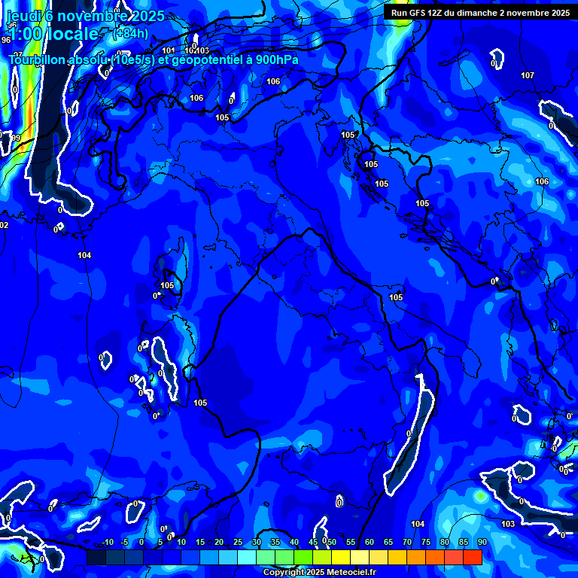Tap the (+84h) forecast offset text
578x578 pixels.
click(x=130, y=33)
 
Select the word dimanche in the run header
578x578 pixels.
click(x=489, y=13)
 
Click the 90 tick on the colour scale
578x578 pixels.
click(x=482, y=542)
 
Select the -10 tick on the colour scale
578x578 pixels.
click(x=106, y=542)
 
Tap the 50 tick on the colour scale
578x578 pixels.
click(x=331, y=542)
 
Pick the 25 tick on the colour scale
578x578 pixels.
click(x=238, y=542)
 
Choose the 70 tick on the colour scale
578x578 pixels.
click(x=406, y=542)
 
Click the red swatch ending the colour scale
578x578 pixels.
click(x=473, y=557)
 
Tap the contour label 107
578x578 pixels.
click(x=528, y=75)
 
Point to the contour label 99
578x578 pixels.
click(x=16, y=138)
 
